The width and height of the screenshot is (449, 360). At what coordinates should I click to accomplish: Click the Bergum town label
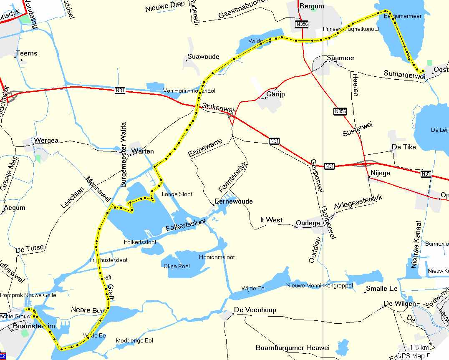tap(311, 6)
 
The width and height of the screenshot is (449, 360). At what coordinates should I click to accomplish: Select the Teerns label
tap(26, 53)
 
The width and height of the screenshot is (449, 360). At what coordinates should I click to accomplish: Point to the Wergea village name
tap(46, 141)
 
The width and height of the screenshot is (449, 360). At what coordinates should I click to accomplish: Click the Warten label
tap(143, 151)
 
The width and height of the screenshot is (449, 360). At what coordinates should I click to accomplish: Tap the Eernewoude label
tap(234, 201)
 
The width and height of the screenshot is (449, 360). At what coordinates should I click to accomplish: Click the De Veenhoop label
tap(255, 310)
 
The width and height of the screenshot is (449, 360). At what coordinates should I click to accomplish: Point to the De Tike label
tap(404, 147)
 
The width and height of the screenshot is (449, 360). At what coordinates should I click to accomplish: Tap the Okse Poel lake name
tap(177, 266)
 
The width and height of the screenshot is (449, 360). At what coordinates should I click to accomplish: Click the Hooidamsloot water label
tap(217, 257)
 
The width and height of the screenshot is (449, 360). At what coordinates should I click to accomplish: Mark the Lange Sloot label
tap(177, 194)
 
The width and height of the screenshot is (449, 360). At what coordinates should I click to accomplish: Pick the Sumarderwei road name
tap(404, 75)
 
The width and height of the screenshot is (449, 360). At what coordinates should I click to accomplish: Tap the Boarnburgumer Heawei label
tap(293, 347)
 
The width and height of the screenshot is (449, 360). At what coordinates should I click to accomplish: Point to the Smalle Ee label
tap(381, 289)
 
